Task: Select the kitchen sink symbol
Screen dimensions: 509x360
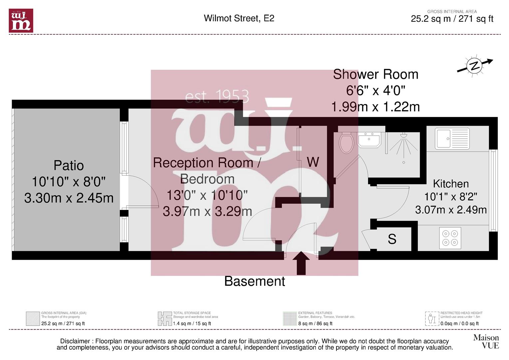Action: pos(452,138)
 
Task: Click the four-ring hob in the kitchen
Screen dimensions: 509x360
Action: pos(450,238)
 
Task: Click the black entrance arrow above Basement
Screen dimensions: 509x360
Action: pos(301,263)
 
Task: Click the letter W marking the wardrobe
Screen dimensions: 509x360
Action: pos(313,162)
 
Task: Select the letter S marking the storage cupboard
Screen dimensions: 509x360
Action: pos(392,239)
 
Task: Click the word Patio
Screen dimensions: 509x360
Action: pos(69,165)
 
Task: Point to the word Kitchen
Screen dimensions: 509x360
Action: pos(451,184)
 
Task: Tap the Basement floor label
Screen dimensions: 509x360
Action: pos(254,281)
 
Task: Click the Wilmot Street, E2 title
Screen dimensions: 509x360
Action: pos(239,18)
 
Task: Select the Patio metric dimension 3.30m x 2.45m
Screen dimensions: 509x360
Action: pos(69,198)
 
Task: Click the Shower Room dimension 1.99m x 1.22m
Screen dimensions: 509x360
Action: pos(375,107)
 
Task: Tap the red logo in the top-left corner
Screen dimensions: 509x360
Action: pos(21,21)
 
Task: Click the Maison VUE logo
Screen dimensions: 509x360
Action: pos(486,342)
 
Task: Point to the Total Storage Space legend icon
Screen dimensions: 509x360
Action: pos(165,319)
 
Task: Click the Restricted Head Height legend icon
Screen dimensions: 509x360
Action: pos(432,319)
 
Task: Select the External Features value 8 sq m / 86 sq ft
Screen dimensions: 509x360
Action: pos(315,323)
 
